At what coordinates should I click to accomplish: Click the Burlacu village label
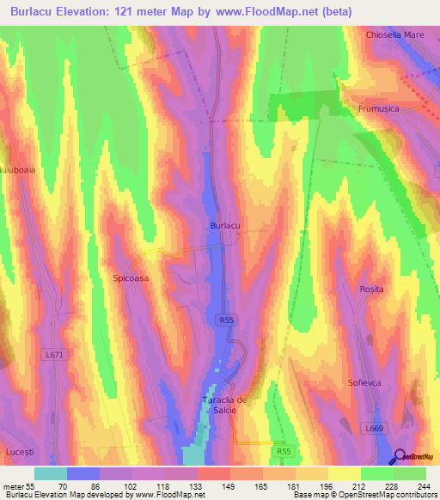tap(224, 225)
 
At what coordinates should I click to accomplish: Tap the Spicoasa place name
tap(131, 278)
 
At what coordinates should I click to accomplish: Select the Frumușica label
tap(381, 109)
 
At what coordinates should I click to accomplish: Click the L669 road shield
tap(373, 428)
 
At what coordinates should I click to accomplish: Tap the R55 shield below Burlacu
tap(224, 320)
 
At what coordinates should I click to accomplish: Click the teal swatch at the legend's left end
tap(51, 473)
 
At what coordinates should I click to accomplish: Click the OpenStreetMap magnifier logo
tap(400, 456)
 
